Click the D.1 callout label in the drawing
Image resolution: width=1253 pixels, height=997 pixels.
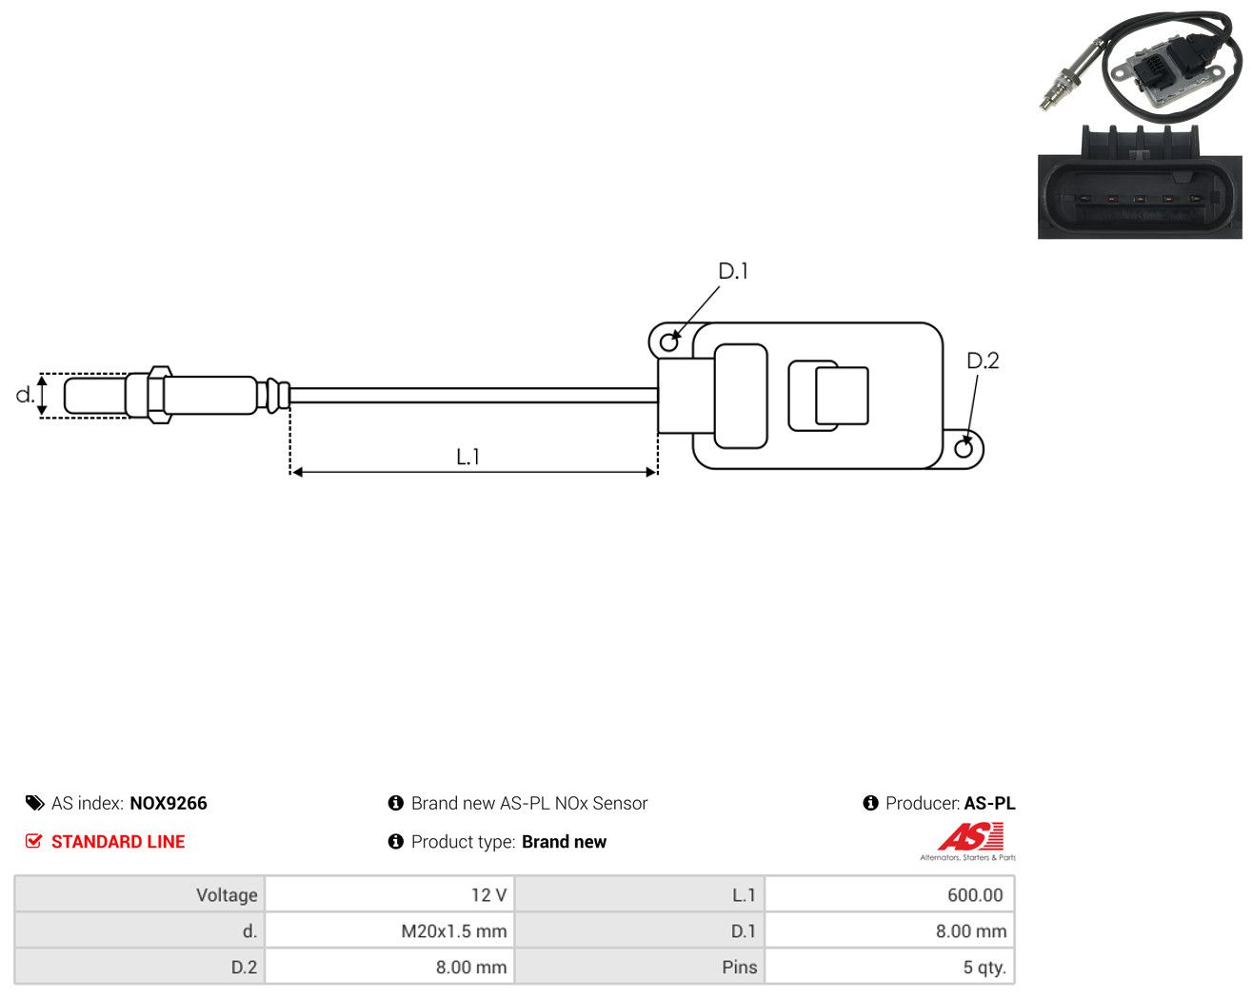[732, 271]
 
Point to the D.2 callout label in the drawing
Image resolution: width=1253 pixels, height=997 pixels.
[983, 362]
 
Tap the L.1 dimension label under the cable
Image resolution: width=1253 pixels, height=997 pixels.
[467, 457]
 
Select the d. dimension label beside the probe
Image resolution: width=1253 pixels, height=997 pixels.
[25, 395]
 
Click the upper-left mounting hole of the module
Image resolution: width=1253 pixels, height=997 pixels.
[669, 342]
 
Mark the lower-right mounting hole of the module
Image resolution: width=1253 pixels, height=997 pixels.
[964, 449]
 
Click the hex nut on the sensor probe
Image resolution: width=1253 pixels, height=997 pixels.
[159, 395]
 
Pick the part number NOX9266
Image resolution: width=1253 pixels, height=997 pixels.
[169, 803]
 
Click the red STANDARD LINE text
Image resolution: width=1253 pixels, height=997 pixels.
[118, 842]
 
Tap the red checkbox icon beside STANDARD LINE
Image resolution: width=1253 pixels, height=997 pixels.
[33, 841]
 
